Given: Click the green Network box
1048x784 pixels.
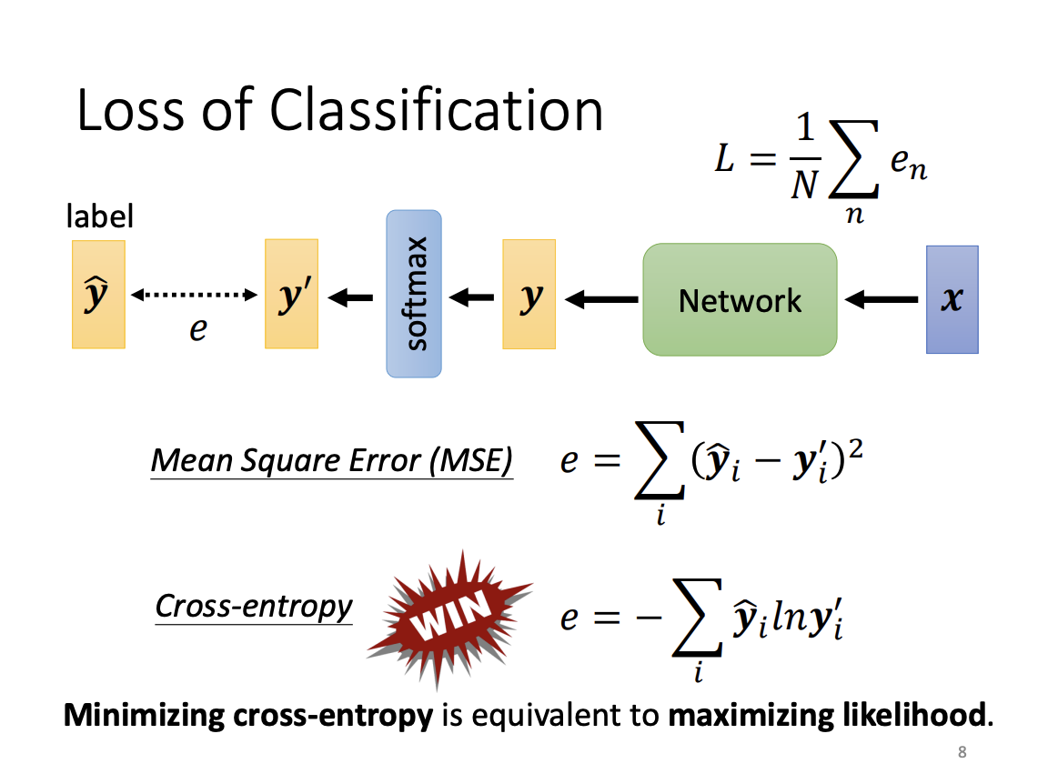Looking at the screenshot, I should tap(740, 299).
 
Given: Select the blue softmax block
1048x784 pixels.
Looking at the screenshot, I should tap(414, 294).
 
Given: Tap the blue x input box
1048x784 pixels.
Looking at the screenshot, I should tap(952, 299).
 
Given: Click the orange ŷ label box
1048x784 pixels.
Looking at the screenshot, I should tap(98, 295).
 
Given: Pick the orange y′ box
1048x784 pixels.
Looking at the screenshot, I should tap(291, 295).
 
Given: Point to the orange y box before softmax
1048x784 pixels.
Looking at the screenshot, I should tap(529, 295).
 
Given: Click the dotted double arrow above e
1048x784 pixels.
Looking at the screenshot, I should tap(195, 295).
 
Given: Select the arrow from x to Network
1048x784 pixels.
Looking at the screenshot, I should tap(881, 298).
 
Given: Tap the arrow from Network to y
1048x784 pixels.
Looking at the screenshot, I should tap(601, 298).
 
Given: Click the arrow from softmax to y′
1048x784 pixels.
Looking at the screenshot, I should tap(350, 297).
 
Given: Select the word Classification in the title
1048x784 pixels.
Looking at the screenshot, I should tap(437, 111).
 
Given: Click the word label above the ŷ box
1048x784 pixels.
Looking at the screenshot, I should tap(100, 216).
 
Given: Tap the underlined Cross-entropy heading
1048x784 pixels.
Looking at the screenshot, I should tap(254, 606).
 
